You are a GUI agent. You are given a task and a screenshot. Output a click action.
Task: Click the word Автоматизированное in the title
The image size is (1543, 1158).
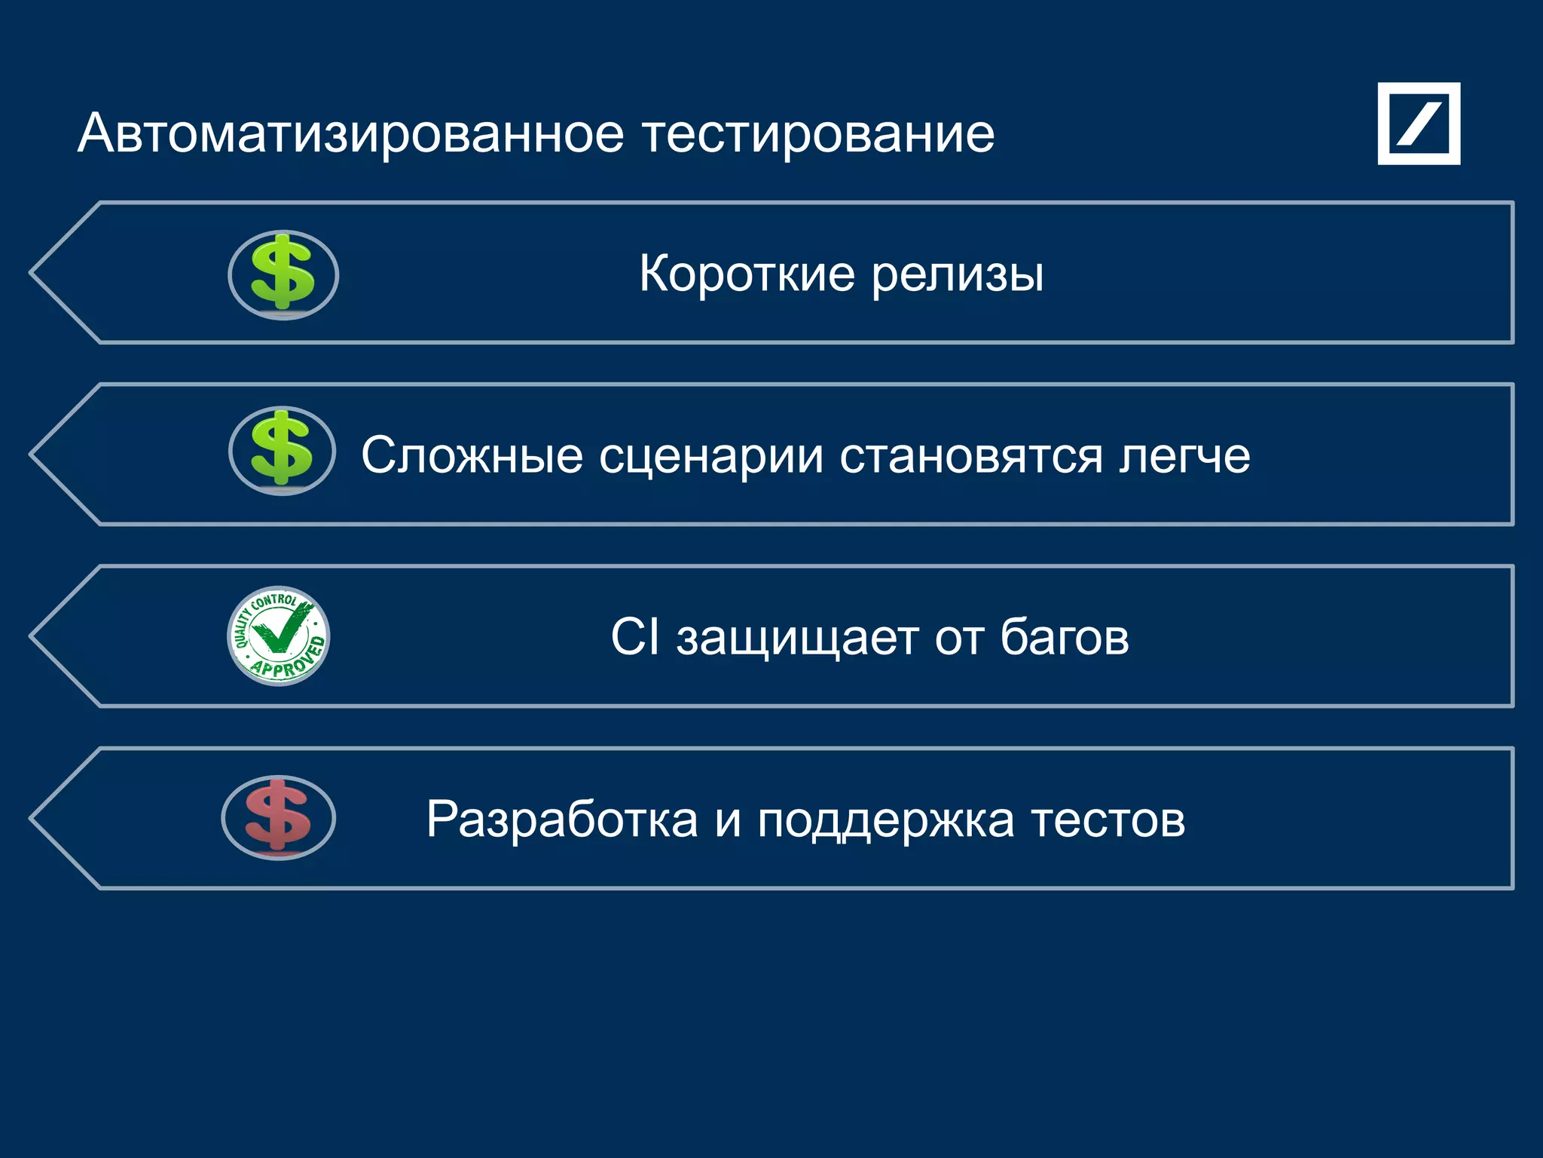tap(351, 134)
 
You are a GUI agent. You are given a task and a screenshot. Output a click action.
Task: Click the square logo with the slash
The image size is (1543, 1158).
tap(1419, 124)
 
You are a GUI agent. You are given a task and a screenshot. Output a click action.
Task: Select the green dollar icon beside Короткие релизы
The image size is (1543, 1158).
tap(283, 274)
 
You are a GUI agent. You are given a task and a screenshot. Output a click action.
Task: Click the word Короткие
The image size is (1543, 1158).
tap(747, 273)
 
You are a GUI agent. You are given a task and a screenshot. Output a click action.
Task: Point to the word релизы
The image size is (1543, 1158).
tap(958, 274)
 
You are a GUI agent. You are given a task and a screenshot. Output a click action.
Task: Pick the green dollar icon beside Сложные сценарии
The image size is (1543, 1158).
tap(282, 450)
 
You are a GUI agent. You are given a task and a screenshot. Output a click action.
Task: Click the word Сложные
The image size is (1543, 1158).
tap(472, 455)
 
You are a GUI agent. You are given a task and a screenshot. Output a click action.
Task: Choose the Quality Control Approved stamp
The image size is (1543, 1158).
tap(279, 636)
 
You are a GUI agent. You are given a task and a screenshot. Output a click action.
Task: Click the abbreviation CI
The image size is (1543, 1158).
tap(634, 637)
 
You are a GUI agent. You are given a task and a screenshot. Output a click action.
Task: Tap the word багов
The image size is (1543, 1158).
tap(1065, 638)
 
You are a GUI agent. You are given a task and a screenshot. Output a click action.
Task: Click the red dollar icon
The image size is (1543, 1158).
tap(278, 817)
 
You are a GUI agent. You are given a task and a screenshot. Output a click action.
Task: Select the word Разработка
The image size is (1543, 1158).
tap(562, 819)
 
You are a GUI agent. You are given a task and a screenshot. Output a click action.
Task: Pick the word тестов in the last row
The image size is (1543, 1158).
tap(1108, 819)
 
